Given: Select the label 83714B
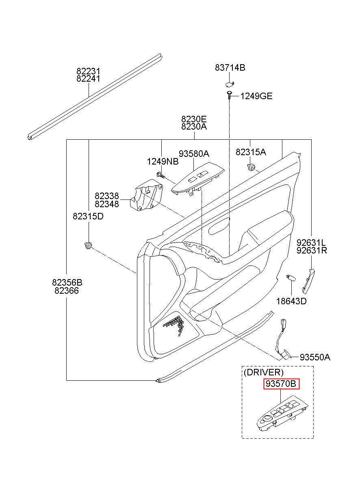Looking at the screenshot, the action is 230,68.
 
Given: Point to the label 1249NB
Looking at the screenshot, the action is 163,162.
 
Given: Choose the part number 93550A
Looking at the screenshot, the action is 315,358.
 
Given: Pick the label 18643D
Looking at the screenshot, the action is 291,301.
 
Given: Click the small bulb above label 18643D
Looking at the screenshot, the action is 291,278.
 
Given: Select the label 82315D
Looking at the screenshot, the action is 88,217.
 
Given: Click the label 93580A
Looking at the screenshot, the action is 194,154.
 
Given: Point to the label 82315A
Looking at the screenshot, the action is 251,152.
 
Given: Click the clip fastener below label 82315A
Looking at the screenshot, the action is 251,167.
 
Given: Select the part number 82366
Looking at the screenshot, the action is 67,290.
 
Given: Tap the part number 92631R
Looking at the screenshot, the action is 312,250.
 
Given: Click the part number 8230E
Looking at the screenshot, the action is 194,119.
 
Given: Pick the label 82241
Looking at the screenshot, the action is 88,79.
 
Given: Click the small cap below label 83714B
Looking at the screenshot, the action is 230,84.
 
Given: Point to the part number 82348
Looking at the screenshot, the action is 107,204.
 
